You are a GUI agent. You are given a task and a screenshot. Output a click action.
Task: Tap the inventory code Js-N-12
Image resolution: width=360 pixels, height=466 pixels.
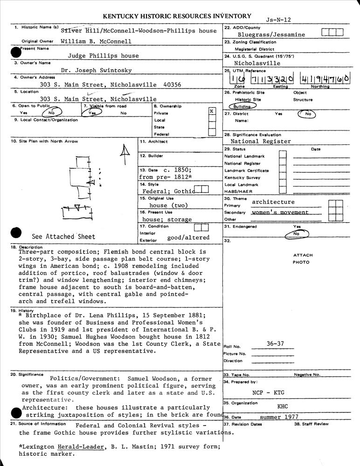(278, 20)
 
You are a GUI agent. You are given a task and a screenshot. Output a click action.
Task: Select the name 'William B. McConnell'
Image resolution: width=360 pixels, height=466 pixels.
(96, 41)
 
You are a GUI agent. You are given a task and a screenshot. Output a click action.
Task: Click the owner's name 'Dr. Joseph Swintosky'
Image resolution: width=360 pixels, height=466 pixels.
(96, 70)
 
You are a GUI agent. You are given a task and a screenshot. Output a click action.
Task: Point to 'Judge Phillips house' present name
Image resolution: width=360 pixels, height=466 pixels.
(103, 56)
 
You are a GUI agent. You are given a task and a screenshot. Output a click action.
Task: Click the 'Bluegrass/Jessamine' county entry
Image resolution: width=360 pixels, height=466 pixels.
(271, 34)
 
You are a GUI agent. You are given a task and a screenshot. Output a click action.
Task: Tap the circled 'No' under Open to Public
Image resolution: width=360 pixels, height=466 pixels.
(51, 113)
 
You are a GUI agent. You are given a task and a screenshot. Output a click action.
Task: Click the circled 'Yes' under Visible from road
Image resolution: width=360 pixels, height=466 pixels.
(92, 113)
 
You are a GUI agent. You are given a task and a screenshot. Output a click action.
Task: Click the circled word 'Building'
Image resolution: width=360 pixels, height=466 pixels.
(242, 107)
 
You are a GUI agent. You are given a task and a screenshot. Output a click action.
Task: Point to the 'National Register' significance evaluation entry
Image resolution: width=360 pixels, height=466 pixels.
(261, 141)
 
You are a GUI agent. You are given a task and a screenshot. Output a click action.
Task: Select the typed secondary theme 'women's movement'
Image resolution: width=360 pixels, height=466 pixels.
(280, 212)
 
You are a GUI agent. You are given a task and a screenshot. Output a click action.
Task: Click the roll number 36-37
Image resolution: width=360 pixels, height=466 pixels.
(275, 343)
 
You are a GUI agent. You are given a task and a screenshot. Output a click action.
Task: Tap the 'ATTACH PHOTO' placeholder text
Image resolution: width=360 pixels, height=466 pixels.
(303, 259)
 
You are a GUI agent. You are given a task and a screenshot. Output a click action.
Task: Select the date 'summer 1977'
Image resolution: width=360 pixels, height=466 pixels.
(279, 417)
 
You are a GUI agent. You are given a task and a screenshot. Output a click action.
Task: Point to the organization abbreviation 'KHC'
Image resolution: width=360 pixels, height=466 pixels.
(283, 406)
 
